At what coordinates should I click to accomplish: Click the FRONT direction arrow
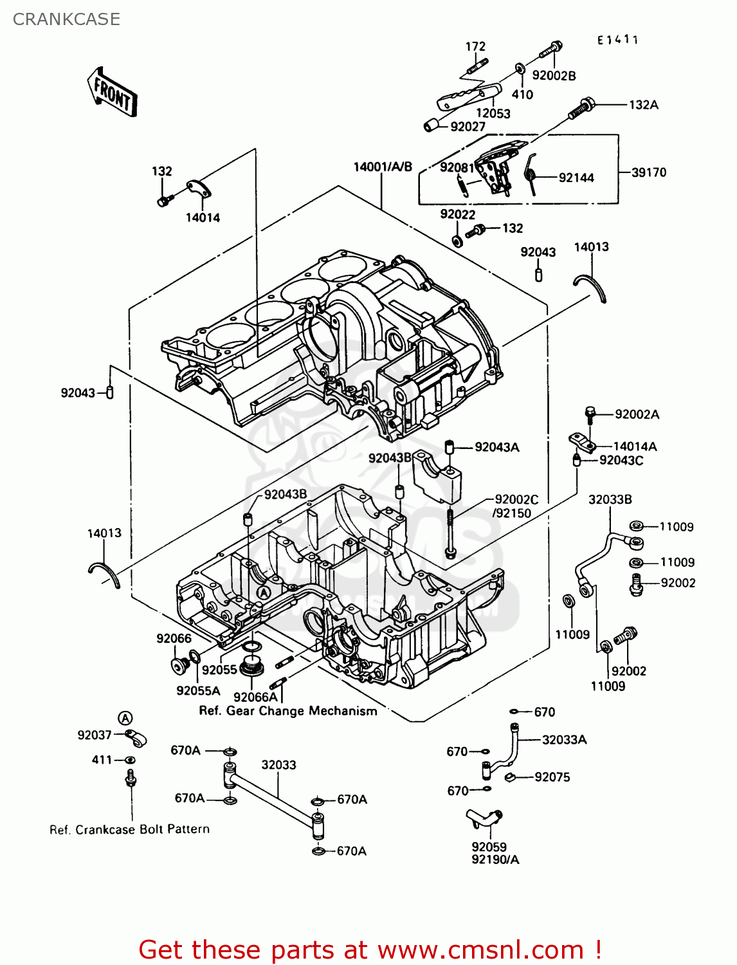[112, 92]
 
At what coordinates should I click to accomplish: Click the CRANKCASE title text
[66, 19]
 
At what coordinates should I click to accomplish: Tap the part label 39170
[648, 172]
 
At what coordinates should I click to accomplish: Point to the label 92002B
[554, 76]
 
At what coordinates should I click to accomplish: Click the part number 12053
[493, 113]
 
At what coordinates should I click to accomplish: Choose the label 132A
[643, 105]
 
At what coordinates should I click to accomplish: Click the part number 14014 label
[203, 217]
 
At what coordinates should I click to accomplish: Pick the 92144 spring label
[576, 178]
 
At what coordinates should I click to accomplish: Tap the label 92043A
[496, 447]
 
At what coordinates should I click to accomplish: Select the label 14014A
[635, 446]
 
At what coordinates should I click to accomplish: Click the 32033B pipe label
[610, 499]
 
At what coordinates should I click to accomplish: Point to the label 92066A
[255, 697]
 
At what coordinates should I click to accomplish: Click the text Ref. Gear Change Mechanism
[288, 711]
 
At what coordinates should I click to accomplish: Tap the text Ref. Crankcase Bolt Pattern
[129, 829]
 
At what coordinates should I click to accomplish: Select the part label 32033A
[564, 740]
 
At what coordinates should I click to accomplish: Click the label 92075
[552, 777]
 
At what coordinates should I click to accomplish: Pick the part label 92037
[95, 735]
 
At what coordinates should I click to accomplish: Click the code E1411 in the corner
[617, 40]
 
